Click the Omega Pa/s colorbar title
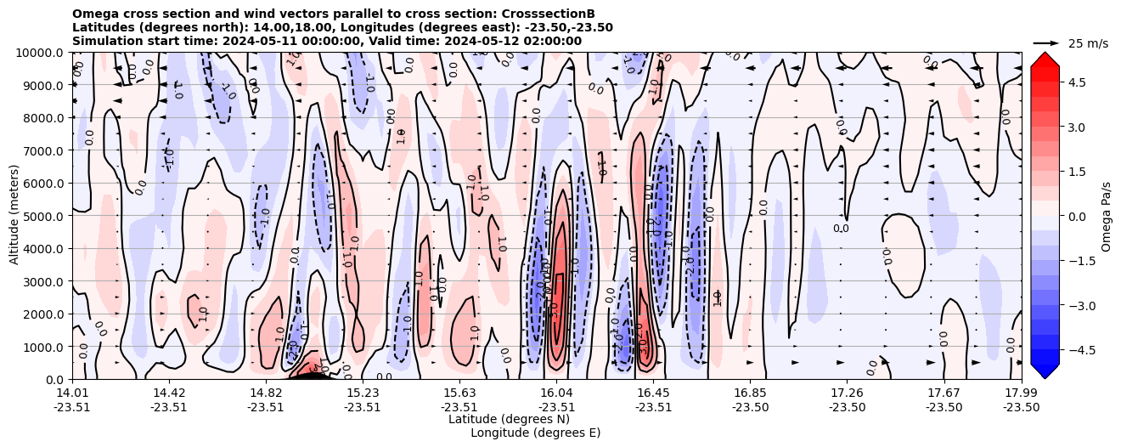pos(1106,216)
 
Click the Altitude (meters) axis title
pos(14,216)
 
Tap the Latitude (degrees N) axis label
pos(509,419)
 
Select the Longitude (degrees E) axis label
pos(535,433)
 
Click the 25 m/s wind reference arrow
pos(1046,42)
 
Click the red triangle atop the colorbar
pos(1045,59)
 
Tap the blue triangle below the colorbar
pos(1045,371)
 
